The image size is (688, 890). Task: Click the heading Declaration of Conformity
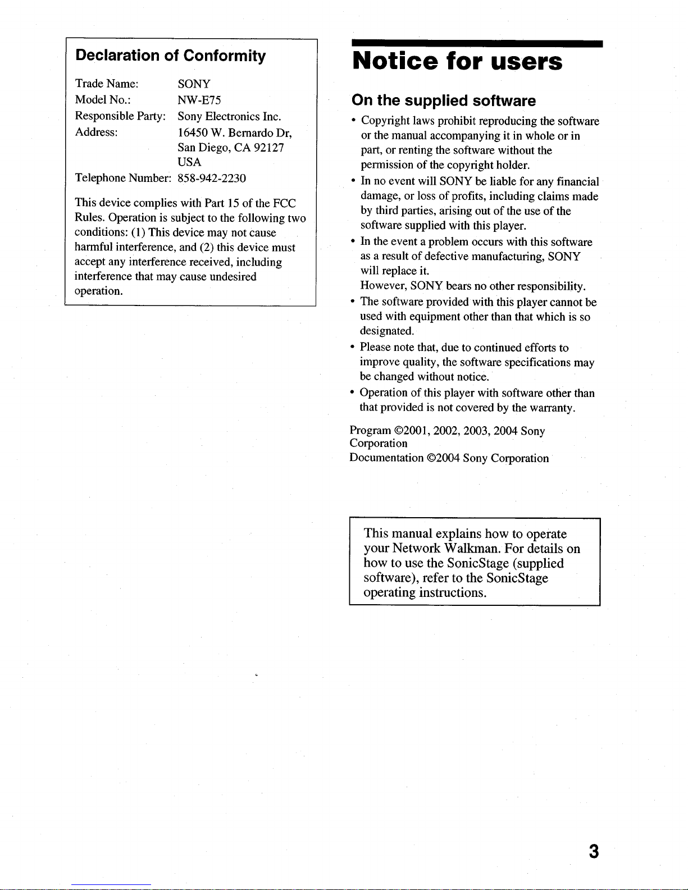[x=170, y=56]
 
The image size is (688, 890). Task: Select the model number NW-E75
[x=199, y=100]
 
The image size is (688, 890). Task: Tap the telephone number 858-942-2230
[x=212, y=178]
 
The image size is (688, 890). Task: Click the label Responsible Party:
[x=120, y=116]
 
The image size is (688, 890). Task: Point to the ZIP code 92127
[x=269, y=148]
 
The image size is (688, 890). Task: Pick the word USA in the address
[x=189, y=162]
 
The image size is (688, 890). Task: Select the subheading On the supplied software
[x=444, y=101]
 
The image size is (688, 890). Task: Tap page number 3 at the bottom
[x=594, y=852]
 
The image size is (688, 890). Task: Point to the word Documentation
[x=386, y=458]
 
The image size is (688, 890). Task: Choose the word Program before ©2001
[x=370, y=431]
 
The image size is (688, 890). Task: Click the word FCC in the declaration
[x=284, y=203]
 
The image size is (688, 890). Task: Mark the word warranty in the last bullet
[x=552, y=408]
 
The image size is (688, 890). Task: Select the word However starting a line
[x=384, y=286]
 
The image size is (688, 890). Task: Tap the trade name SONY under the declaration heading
[x=194, y=84]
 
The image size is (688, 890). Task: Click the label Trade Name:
[x=107, y=84]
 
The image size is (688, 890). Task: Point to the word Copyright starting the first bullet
[x=385, y=121]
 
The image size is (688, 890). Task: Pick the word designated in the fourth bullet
[x=386, y=331]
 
